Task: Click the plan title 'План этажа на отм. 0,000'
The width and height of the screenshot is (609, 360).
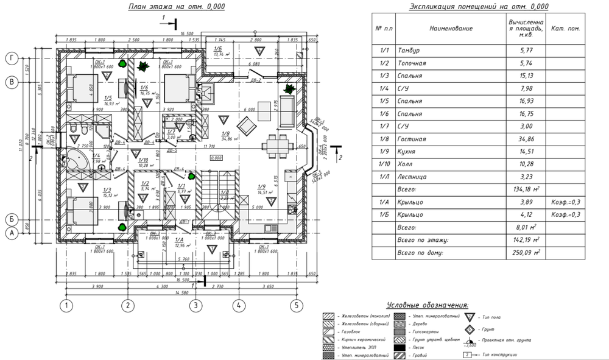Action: (174, 7)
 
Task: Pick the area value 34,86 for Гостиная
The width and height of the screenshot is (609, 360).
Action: (520, 139)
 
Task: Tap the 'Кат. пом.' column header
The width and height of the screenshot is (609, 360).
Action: (565, 28)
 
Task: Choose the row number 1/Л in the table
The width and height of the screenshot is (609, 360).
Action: (384, 177)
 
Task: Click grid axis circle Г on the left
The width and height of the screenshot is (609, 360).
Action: (10, 59)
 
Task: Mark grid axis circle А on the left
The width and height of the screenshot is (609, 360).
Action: (10, 232)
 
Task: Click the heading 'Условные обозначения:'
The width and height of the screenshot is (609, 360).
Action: (427, 305)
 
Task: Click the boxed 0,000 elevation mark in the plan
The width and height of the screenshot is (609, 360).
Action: (215, 158)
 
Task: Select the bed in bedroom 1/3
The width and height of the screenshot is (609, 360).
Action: (80, 207)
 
